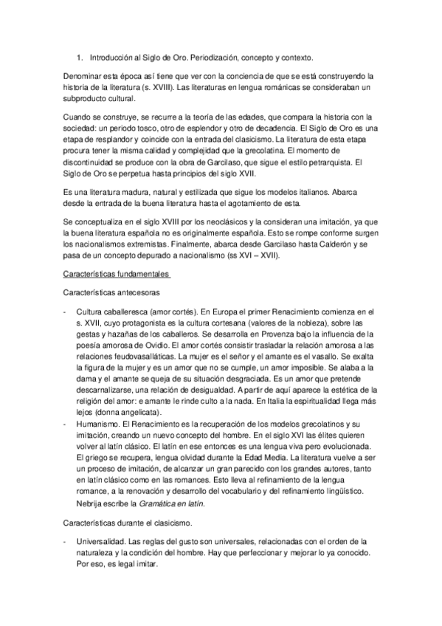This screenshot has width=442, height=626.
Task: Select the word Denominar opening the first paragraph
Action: [85, 76]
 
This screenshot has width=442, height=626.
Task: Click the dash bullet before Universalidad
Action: [66, 542]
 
